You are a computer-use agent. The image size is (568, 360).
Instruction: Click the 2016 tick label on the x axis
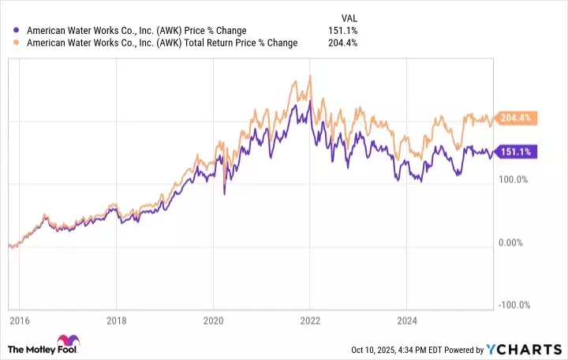pyautogui.click(x=19, y=321)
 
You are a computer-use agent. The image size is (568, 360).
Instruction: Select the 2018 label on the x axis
pyautogui.click(x=116, y=321)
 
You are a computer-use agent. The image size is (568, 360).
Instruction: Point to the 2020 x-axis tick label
pyautogui.click(x=213, y=321)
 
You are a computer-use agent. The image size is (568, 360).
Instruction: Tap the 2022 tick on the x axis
pyautogui.click(x=310, y=321)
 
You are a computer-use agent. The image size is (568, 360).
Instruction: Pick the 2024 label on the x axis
pyautogui.click(x=406, y=321)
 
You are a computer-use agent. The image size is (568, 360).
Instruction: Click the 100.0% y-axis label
pyautogui.click(x=514, y=180)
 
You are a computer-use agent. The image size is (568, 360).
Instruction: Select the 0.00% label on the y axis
pyautogui.click(x=515, y=242)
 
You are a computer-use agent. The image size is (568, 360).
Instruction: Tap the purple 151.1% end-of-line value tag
pyautogui.click(x=516, y=152)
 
